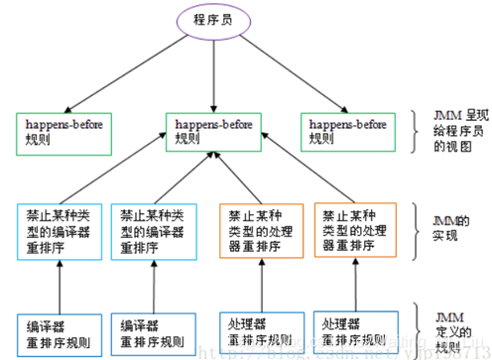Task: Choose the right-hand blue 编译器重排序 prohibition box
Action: click(x=157, y=232)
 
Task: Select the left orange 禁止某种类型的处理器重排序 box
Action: click(x=259, y=232)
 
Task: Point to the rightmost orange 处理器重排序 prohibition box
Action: click(x=356, y=232)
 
